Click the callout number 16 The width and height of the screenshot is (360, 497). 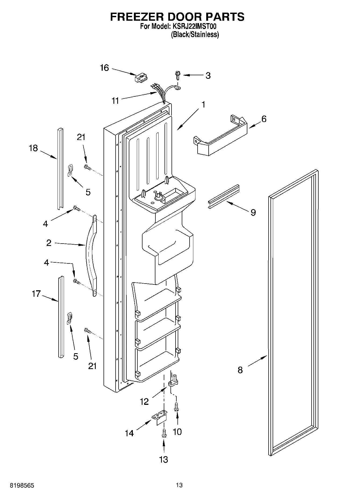(x=104, y=68)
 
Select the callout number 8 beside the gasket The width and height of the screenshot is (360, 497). (x=240, y=370)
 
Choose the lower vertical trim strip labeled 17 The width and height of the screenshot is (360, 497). (x=61, y=317)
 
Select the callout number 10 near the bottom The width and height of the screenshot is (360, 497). (x=177, y=432)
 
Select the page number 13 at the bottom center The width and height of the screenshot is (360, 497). (x=179, y=485)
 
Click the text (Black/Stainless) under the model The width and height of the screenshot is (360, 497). (x=195, y=34)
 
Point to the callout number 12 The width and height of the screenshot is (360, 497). (x=144, y=402)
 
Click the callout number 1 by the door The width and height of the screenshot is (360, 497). (x=204, y=104)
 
